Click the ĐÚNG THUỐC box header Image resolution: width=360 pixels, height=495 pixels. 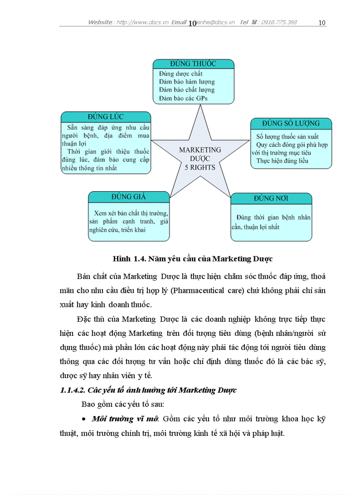coord(194,63)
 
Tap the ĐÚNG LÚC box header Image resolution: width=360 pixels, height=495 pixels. coord(105,117)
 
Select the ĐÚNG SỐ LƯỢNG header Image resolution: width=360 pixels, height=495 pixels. coord(291,123)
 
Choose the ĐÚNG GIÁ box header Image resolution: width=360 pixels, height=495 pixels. coord(128,197)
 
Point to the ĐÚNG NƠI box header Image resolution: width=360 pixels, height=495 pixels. coord(271,198)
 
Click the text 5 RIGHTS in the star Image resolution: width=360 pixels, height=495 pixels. coord(200,167)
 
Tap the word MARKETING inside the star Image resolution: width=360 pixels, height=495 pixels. coord(200,150)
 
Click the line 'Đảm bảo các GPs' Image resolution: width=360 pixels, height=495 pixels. coord(183,98)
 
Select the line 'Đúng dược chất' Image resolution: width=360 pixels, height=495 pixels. coord(181,74)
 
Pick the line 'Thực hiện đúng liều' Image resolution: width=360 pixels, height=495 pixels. coord(282,161)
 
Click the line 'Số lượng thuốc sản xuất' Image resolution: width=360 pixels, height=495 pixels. coord(287,137)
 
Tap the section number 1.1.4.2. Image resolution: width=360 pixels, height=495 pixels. coord(73,390)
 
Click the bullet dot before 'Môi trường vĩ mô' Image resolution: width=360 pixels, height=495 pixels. coord(84,418)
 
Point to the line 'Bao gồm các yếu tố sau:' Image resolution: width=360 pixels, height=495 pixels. coord(123,404)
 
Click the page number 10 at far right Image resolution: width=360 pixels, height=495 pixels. coord(322,22)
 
